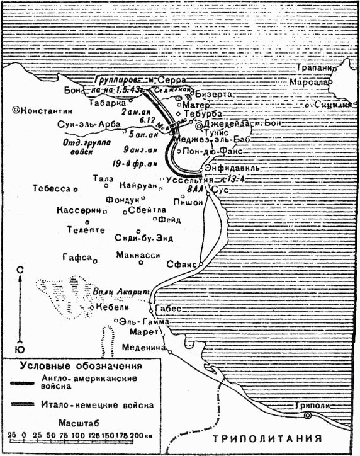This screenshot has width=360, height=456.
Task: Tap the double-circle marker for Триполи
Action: tap(307, 416)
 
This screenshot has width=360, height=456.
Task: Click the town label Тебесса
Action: tap(52, 189)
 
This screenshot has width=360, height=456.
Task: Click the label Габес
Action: tap(168, 309)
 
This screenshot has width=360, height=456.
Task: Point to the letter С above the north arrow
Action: tap(20, 270)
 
